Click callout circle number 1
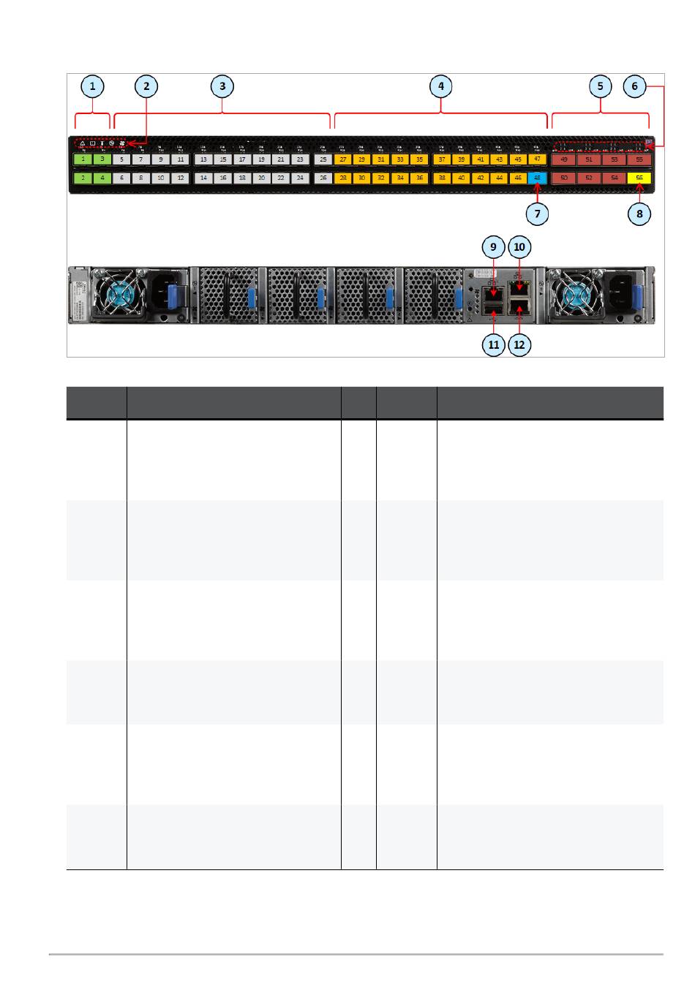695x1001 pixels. (x=92, y=86)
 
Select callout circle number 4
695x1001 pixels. (x=440, y=86)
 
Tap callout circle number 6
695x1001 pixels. (x=634, y=86)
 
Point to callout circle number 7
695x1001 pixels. (x=538, y=214)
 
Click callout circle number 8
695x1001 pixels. (x=640, y=214)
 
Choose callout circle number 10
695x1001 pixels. (x=519, y=247)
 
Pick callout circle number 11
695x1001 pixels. (x=494, y=344)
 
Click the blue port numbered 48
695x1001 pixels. (x=538, y=178)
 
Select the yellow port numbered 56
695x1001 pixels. (x=640, y=178)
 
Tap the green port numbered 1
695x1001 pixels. (x=83, y=159)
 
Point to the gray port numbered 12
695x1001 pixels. (x=180, y=178)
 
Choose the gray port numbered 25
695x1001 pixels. (x=323, y=159)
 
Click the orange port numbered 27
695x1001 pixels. (x=342, y=159)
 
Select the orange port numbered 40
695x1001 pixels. (x=461, y=178)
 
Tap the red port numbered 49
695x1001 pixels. (x=563, y=159)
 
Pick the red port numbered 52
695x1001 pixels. (x=589, y=178)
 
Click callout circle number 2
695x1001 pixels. (x=146, y=86)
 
